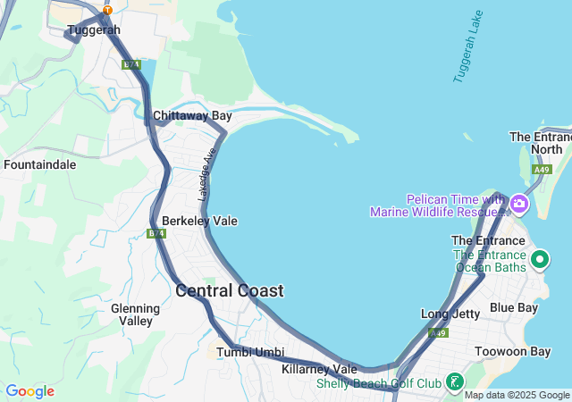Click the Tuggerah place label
click(93, 30)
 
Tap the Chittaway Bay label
click(192, 116)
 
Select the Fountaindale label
click(39, 164)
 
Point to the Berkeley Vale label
click(199, 221)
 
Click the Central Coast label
click(230, 290)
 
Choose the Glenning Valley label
click(135, 314)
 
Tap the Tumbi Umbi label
click(250, 352)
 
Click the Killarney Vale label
click(319, 369)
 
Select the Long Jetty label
click(450, 314)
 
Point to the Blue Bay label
click(514, 308)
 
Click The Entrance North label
click(540, 143)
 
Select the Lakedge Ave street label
click(207, 173)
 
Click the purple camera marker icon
click(518, 205)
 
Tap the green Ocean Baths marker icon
click(540, 260)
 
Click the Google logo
click(29, 391)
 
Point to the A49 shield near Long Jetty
click(438, 333)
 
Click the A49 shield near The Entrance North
click(542, 170)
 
